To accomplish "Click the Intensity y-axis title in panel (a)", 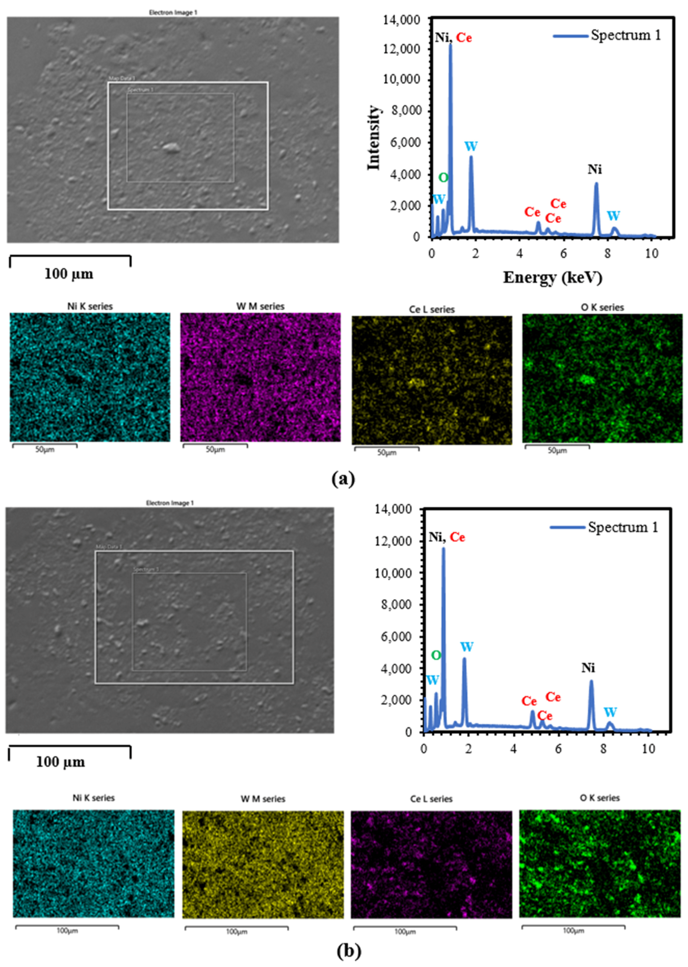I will pos(374,138).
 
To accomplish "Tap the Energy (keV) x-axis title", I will pos(552,278).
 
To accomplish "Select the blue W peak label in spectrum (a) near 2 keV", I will pos(471,147).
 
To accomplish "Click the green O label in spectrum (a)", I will pos(443,178).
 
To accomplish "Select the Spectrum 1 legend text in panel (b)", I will pos(623,527).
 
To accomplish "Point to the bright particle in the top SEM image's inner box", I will pos(171,147).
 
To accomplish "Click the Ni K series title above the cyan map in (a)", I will pos(90,306).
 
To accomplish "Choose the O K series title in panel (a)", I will pos(602,307).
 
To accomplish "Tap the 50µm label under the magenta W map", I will pos(215,449).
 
